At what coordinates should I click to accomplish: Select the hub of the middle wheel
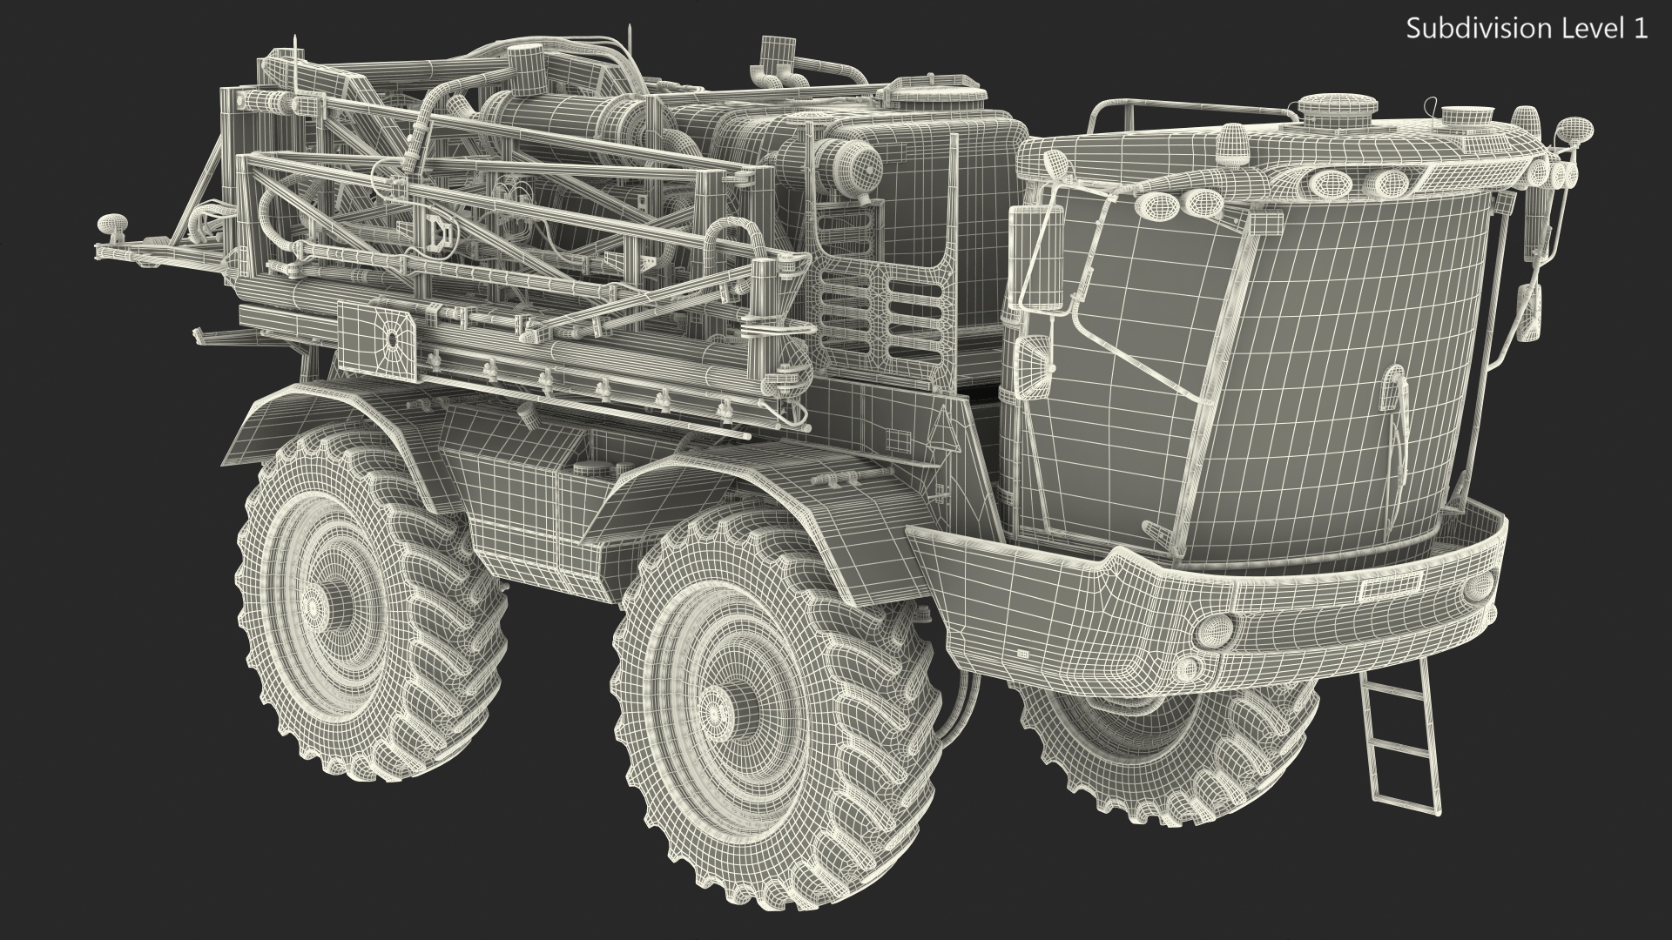pos(723,710)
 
